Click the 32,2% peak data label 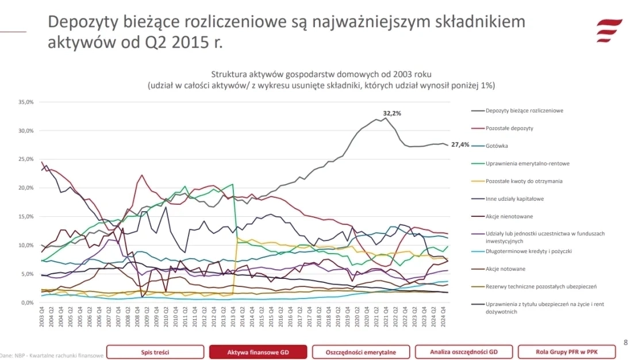[392, 113]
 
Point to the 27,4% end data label [460, 144]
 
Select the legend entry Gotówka [497, 146]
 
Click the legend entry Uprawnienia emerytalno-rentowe [527, 163]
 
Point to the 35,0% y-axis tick [26, 102]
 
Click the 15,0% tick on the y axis [26, 216]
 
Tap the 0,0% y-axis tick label [27, 302]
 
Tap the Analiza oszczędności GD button [464, 351]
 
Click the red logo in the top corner [609, 30]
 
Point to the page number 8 [625, 342]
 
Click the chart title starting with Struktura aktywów [321, 75]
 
